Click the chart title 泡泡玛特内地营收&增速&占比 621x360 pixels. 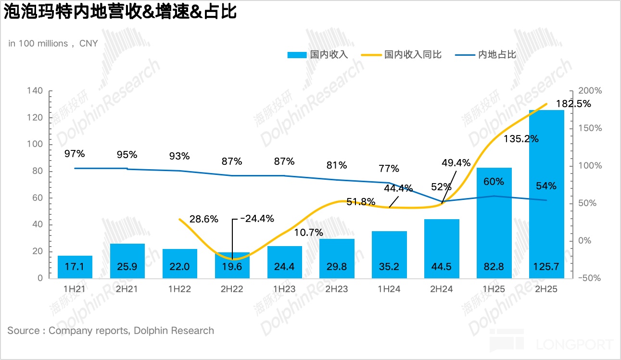[120, 12]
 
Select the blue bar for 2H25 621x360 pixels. [546, 192]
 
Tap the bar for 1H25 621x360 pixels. [494, 226]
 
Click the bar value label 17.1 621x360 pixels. [75, 267]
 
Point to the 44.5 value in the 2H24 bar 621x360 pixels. [442, 267]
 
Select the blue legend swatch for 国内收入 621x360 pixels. [296, 55]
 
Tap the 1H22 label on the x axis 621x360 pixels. [179, 289]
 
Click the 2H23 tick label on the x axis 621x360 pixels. [337, 289]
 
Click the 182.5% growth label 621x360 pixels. [573, 104]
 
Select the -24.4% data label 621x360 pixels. [256, 219]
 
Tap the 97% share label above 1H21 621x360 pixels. [75, 154]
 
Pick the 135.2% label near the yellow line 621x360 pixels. [521, 139]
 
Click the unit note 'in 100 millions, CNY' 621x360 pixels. [53, 43]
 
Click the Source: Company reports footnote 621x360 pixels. [111, 331]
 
